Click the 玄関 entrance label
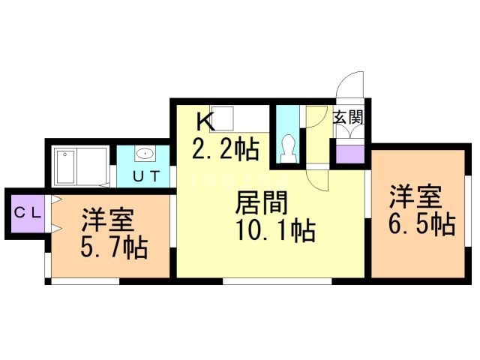348,118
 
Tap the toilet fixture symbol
288,149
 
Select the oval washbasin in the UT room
145,153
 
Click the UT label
147,176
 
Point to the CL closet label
28,212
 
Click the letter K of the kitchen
205,121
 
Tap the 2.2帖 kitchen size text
226,148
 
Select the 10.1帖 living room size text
275,230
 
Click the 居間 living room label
262,202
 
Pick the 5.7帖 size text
115,247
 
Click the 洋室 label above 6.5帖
415,196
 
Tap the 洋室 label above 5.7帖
108,220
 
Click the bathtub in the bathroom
66,166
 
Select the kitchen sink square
221,118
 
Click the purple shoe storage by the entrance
350,154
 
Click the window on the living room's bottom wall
277,281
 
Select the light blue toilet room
288,134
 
